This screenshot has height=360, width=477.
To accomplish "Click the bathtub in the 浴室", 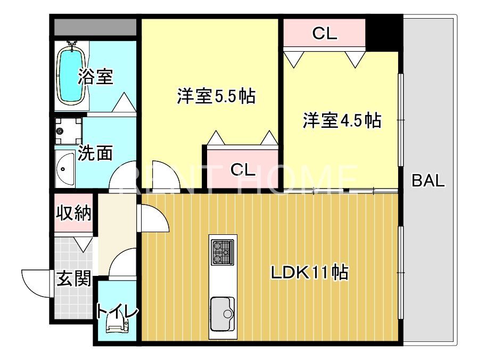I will pyautogui.click(x=71, y=74).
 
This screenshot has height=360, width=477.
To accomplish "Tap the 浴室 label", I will pyautogui.click(x=96, y=77).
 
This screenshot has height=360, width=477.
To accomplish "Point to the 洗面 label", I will pyautogui.click(x=96, y=153).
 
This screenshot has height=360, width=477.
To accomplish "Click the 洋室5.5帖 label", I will pyautogui.click(x=216, y=96).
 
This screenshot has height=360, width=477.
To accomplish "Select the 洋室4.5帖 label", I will pyautogui.click(x=342, y=120).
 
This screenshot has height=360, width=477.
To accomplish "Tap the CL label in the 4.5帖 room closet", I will pyautogui.click(x=324, y=34).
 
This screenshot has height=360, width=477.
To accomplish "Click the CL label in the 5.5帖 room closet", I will pyautogui.click(x=243, y=170).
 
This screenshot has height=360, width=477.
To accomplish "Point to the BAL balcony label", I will pyautogui.click(x=428, y=181).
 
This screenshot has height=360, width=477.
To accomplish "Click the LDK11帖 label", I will pyautogui.click(x=309, y=273).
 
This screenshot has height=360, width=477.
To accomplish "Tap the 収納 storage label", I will pyautogui.click(x=74, y=214).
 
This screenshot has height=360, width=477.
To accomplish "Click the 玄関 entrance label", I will pyautogui.click(x=73, y=278).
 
